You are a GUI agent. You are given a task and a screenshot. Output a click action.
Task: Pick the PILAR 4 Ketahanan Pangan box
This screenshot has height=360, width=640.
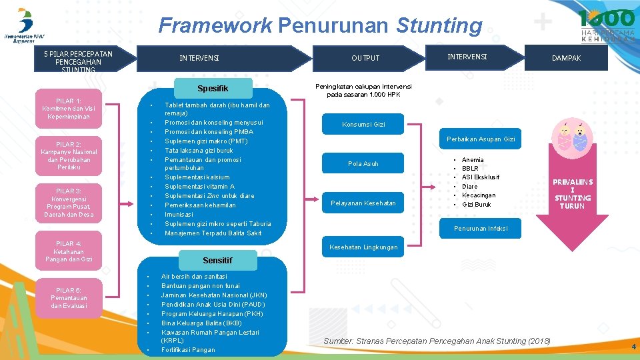pos(69,251)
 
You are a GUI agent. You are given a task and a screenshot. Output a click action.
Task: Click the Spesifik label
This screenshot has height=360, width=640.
pos(213,89)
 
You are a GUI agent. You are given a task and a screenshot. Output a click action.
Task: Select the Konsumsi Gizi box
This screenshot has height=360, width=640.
pos(363,125)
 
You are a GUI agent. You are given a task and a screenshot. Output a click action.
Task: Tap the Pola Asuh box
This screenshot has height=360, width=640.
pos(363,164)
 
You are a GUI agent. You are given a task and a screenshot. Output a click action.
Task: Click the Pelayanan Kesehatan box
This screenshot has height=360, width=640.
pos(363,203)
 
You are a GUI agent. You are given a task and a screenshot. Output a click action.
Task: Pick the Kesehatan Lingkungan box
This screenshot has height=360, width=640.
pos(363,247)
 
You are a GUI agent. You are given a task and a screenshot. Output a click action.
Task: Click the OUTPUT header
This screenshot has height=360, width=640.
pos(365,58)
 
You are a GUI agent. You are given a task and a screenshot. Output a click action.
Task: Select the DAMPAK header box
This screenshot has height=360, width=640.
pos(566,58)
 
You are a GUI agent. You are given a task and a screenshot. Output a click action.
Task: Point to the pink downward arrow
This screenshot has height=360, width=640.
pos(572,200)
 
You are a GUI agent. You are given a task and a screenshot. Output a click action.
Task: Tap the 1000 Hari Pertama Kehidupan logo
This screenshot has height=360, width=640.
pos(606,25)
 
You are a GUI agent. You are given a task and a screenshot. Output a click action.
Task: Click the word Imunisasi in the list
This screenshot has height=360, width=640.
pos(179,215)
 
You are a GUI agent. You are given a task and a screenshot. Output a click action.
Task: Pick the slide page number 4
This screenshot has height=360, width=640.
pos(633,347)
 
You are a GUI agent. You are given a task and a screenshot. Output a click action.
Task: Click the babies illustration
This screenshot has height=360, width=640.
pos(572,138)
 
